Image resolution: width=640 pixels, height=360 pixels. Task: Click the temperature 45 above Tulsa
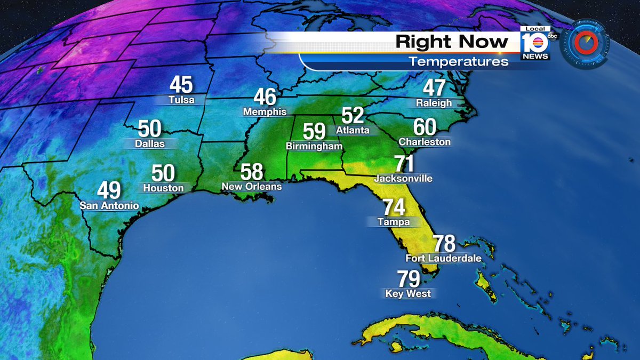[181, 85]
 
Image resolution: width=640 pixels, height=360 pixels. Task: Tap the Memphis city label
[265, 112]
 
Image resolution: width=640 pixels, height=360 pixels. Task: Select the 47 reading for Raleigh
[434, 88]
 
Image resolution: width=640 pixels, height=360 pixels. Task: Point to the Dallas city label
[149, 143]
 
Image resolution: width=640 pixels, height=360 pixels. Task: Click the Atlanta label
[353, 130]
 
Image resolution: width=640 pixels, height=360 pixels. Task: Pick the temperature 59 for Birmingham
[314, 131]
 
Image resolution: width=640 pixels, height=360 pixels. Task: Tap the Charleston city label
[425, 142]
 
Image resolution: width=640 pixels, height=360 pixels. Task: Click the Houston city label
[163, 188]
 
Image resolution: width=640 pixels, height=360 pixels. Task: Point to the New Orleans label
[252, 187]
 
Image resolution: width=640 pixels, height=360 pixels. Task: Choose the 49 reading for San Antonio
[109, 190]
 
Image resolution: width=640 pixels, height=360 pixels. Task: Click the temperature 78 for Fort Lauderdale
[444, 244]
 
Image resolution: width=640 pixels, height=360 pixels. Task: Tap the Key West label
[408, 293]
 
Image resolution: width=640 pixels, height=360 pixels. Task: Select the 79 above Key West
[409, 278]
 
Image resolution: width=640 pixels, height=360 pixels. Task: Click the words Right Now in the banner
[452, 42]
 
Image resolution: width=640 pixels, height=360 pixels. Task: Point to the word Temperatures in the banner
[458, 62]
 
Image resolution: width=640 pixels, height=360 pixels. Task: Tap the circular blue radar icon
[585, 43]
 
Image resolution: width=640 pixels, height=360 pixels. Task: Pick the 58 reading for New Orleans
[252, 172]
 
